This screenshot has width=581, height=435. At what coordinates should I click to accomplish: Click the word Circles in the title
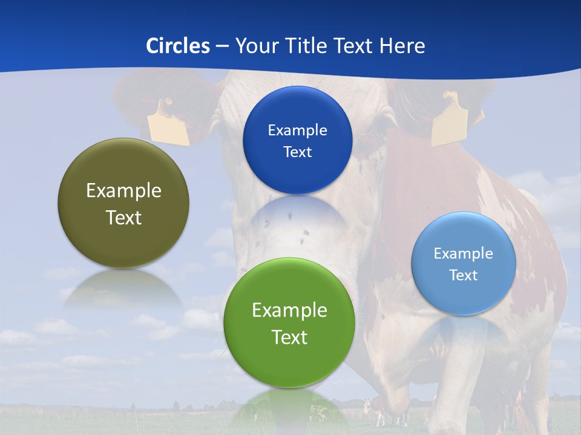click(178, 46)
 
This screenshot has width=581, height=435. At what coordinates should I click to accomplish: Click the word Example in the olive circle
click(123, 191)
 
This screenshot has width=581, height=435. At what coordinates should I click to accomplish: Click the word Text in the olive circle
click(123, 217)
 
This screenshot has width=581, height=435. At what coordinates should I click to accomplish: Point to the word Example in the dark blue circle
click(297, 130)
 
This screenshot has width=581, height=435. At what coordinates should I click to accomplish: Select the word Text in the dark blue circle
click(297, 152)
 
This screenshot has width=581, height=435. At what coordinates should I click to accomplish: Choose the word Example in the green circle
click(289, 311)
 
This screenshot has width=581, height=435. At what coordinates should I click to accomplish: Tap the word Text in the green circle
click(289, 337)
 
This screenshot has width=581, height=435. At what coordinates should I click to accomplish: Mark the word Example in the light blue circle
click(464, 254)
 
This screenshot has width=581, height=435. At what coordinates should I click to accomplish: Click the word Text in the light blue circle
click(464, 275)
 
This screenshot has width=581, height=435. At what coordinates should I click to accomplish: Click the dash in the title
click(222, 47)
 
